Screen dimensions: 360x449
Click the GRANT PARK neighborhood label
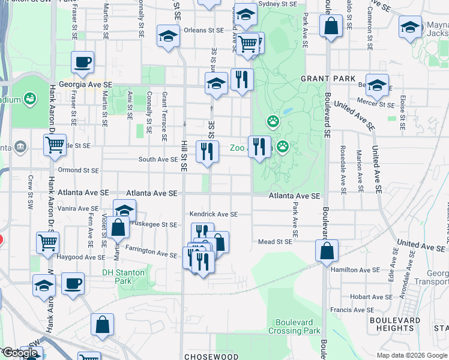pyautogui.click(x=328, y=79)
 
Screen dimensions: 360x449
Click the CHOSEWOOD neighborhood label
pyautogui.click(x=208, y=356)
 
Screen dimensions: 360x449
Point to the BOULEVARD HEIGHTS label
pyautogui.click(x=394, y=324)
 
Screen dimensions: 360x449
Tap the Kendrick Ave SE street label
pyautogui.click(x=214, y=214)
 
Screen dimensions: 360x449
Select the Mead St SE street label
pyautogui.click(x=274, y=242)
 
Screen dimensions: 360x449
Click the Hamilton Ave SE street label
pyautogui.click(x=354, y=271)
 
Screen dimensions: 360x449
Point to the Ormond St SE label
pyautogui.click(x=77, y=170)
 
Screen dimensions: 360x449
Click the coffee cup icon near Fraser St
pyautogui.click(x=82, y=61)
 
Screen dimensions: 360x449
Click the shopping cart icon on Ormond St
pyautogui.click(x=55, y=145)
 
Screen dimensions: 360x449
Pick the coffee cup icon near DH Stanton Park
pyautogui.click(x=73, y=283)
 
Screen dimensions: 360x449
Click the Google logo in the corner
pyautogui.click(x=20, y=353)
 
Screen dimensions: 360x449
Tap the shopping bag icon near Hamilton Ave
pyautogui.click(x=327, y=251)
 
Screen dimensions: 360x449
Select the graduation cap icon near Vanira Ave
pyautogui.click(x=125, y=210)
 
